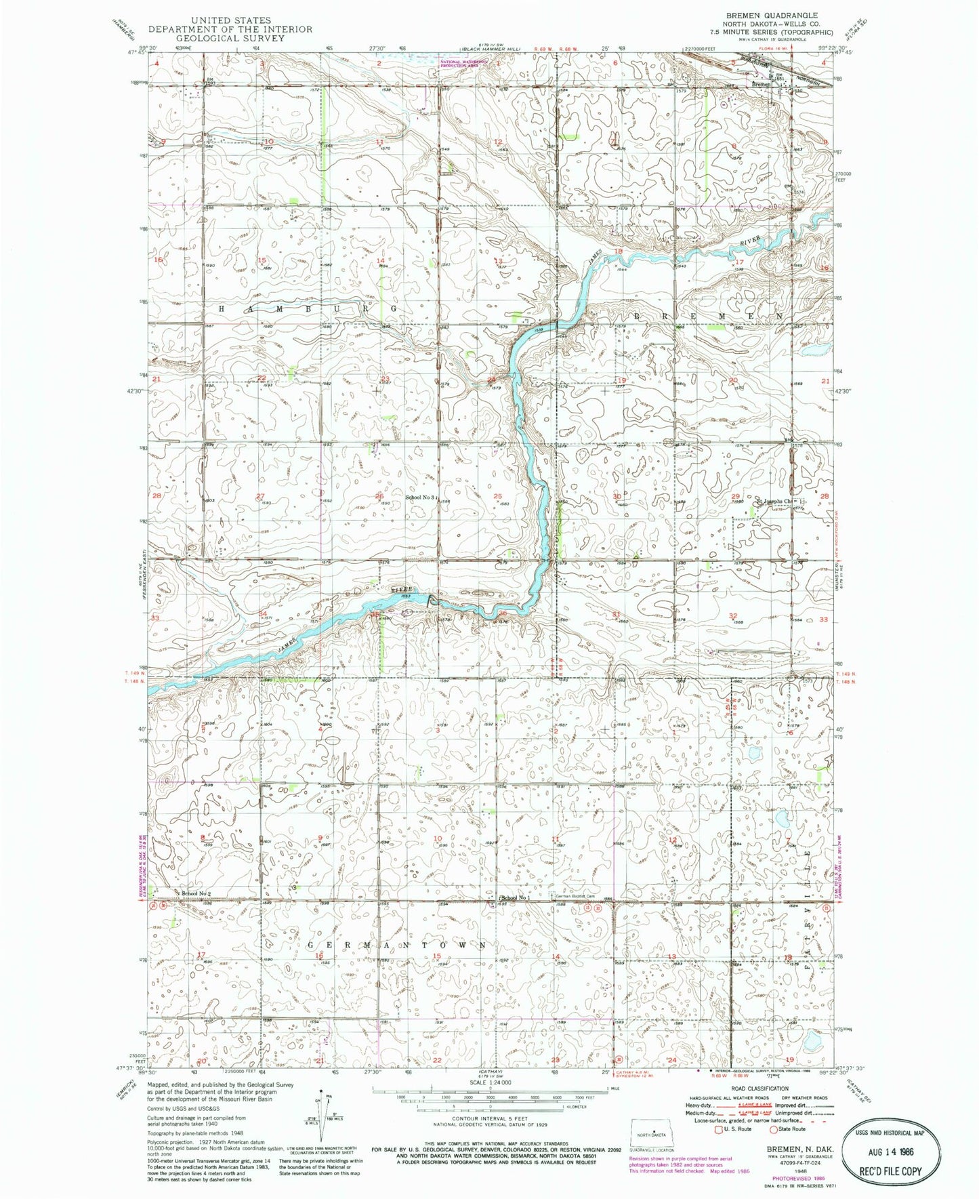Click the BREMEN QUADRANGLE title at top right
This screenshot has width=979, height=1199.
click(x=781, y=15)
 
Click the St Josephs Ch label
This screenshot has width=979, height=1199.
click(x=773, y=502)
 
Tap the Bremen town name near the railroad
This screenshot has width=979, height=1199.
click(x=762, y=85)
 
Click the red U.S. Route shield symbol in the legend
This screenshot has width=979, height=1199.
click(x=720, y=1129)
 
